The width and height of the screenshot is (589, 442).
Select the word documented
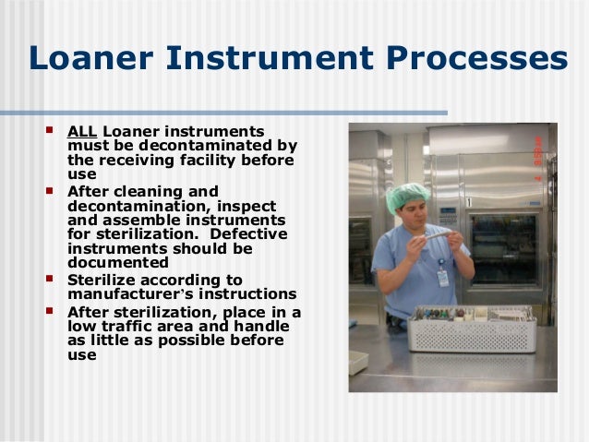point(117,263)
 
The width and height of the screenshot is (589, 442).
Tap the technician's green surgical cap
point(407,196)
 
